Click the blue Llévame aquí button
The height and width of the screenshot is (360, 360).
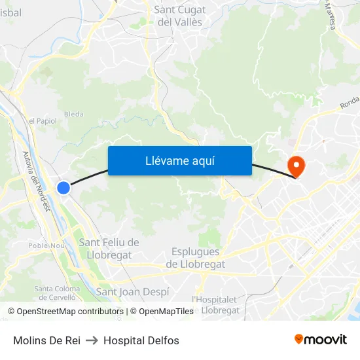179,160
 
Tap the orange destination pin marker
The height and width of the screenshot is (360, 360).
296,165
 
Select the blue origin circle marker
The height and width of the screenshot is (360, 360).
63,188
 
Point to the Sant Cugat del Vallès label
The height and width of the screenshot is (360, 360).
180,16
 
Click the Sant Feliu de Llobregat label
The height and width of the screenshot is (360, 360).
109,248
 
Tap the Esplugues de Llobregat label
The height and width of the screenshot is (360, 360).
197,258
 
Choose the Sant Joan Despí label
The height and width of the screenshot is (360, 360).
133,291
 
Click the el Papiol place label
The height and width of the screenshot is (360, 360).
43,120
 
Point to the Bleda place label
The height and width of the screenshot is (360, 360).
74,114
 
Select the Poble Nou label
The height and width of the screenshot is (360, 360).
46,245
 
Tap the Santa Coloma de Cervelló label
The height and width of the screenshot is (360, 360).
57,293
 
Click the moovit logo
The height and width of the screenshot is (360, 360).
320,340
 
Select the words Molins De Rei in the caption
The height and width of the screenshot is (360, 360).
46,340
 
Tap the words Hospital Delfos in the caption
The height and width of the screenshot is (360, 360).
141,340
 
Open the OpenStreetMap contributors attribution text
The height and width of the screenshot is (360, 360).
68,312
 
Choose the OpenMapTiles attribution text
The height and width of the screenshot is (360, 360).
162,312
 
